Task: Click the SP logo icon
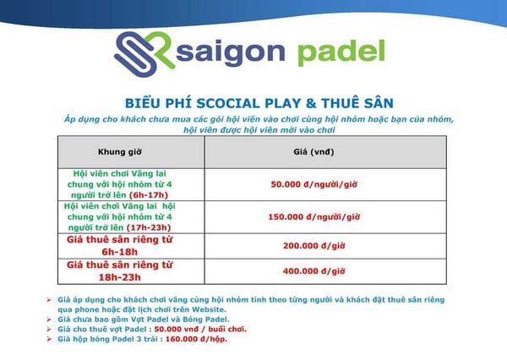144,54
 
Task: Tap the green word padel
341,52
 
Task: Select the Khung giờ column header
120,152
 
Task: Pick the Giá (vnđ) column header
313,152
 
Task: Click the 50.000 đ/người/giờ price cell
314,184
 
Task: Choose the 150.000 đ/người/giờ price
314,216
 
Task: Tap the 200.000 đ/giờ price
314,246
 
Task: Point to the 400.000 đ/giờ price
314,271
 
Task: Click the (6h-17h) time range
149,195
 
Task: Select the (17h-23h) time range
149,227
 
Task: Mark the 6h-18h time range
120,252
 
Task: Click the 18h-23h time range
120,277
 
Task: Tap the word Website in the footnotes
208,309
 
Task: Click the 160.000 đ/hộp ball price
196,340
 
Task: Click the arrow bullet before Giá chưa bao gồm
49,319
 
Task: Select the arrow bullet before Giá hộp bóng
49,340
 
